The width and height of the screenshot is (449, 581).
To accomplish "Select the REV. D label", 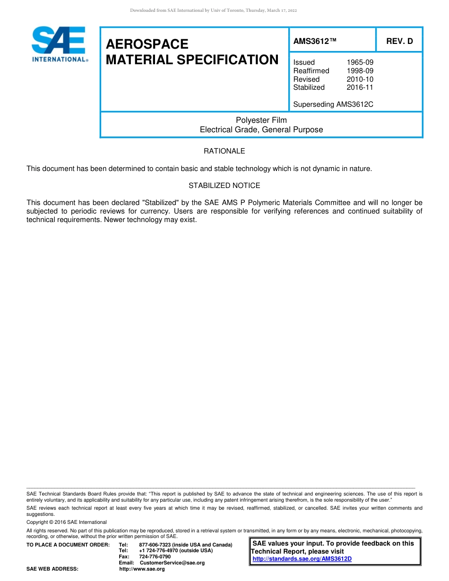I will (x=399, y=41).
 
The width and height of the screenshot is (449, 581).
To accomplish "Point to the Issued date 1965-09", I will (x=360, y=62).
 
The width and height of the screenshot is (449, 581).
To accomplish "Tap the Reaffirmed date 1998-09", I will (x=360, y=71).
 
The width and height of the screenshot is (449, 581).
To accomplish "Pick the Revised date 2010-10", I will (x=360, y=79).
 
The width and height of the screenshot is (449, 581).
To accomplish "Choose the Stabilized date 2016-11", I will (x=360, y=87).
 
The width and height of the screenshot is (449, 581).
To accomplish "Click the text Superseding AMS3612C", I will (x=333, y=104).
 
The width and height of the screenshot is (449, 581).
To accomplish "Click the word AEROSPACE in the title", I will (x=147, y=44).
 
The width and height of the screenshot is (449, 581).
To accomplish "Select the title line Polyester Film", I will (x=261, y=120).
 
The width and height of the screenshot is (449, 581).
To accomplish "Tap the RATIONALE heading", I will (x=224, y=151).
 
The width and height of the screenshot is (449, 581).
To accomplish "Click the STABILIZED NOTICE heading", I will (x=224, y=186).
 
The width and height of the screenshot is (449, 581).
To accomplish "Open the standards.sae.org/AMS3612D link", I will (x=302, y=559).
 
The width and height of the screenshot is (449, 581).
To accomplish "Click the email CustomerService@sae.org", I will (x=172, y=563).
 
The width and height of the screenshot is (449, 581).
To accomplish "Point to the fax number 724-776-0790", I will (x=155, y=556).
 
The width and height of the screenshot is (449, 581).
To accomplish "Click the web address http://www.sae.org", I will (x=142, y=569).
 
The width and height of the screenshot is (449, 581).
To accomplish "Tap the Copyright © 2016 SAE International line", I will (x=67, y=522).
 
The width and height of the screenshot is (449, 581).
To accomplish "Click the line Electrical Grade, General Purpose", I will (x=261, y=130).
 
